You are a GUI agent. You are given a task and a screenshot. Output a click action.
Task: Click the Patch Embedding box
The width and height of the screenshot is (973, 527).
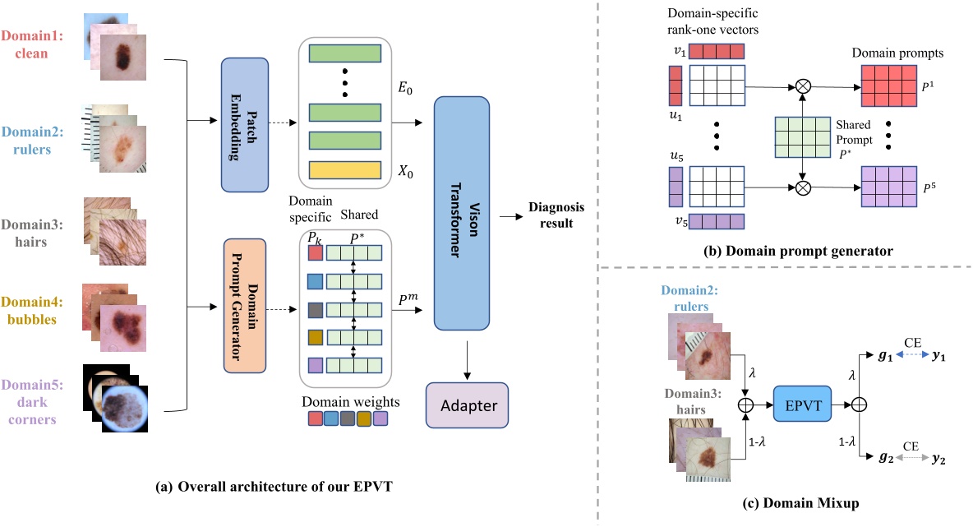coord(245,123)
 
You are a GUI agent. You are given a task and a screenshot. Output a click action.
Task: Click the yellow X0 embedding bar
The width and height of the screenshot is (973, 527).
coord(345,170)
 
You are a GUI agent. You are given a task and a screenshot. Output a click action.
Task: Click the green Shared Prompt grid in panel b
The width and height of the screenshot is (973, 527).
coord(802,135)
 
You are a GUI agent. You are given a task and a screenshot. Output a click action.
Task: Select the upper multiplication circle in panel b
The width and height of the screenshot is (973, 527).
coord(802,86)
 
